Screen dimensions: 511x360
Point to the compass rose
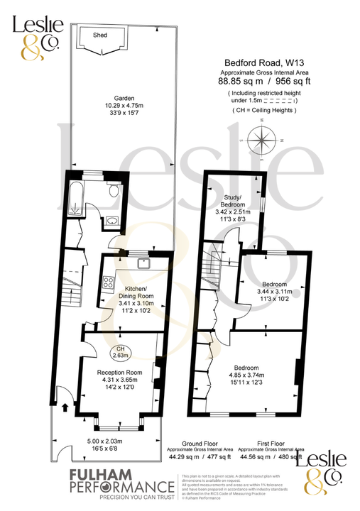click(x=263, y=140)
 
